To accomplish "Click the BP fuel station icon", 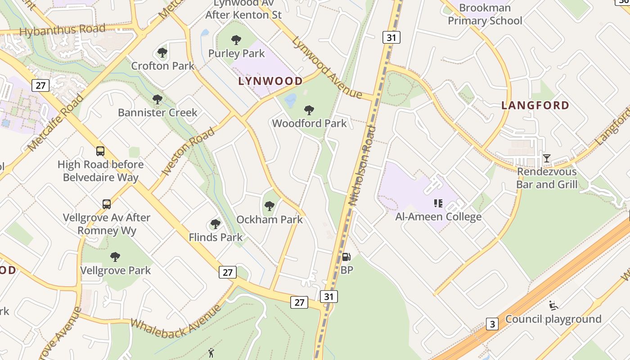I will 346,257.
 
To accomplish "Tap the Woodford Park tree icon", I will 309,110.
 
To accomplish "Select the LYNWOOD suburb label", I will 270,81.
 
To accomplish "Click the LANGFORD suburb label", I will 535,105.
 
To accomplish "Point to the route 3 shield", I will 492,324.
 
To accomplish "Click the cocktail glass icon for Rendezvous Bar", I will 546,158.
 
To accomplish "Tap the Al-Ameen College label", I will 438,217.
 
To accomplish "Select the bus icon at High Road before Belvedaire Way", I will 100,151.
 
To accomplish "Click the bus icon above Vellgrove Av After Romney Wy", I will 106,204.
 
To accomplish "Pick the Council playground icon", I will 553,306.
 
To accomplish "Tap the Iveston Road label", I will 188,151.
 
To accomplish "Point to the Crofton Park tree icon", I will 162,53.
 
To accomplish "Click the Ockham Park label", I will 270,220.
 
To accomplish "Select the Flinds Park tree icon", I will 216,224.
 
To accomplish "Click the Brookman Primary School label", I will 485,14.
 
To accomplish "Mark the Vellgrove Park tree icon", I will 115,257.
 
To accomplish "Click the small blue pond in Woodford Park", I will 291,100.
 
